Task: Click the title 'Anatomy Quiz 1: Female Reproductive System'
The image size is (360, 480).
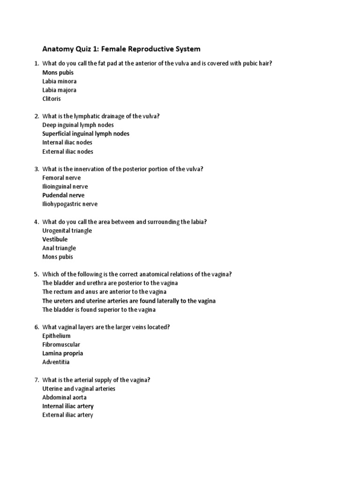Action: pos(121,49)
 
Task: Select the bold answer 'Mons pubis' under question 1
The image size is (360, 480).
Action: pos(58,73)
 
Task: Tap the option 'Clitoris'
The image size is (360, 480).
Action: pos(52,99)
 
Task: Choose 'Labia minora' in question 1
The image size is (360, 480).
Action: pos(59,81)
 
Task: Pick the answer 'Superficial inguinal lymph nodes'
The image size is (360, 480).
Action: pos(86,134)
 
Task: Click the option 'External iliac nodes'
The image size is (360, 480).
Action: pos(67,151)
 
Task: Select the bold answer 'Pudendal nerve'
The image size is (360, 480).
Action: pos(63,195)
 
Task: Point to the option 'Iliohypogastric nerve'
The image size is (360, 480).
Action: pos(70,204)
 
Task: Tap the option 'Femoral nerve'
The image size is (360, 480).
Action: pos(61,178)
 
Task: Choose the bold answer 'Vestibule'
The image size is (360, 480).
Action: pos(55,239)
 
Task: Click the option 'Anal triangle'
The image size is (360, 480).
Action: pos(59,248)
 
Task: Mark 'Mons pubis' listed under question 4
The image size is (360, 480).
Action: pos(58,257)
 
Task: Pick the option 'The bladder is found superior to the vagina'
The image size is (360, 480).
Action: pos(99,309)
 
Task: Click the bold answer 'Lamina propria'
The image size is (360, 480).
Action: pos(62,353)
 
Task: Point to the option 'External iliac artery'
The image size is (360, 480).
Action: pos(67,415)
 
